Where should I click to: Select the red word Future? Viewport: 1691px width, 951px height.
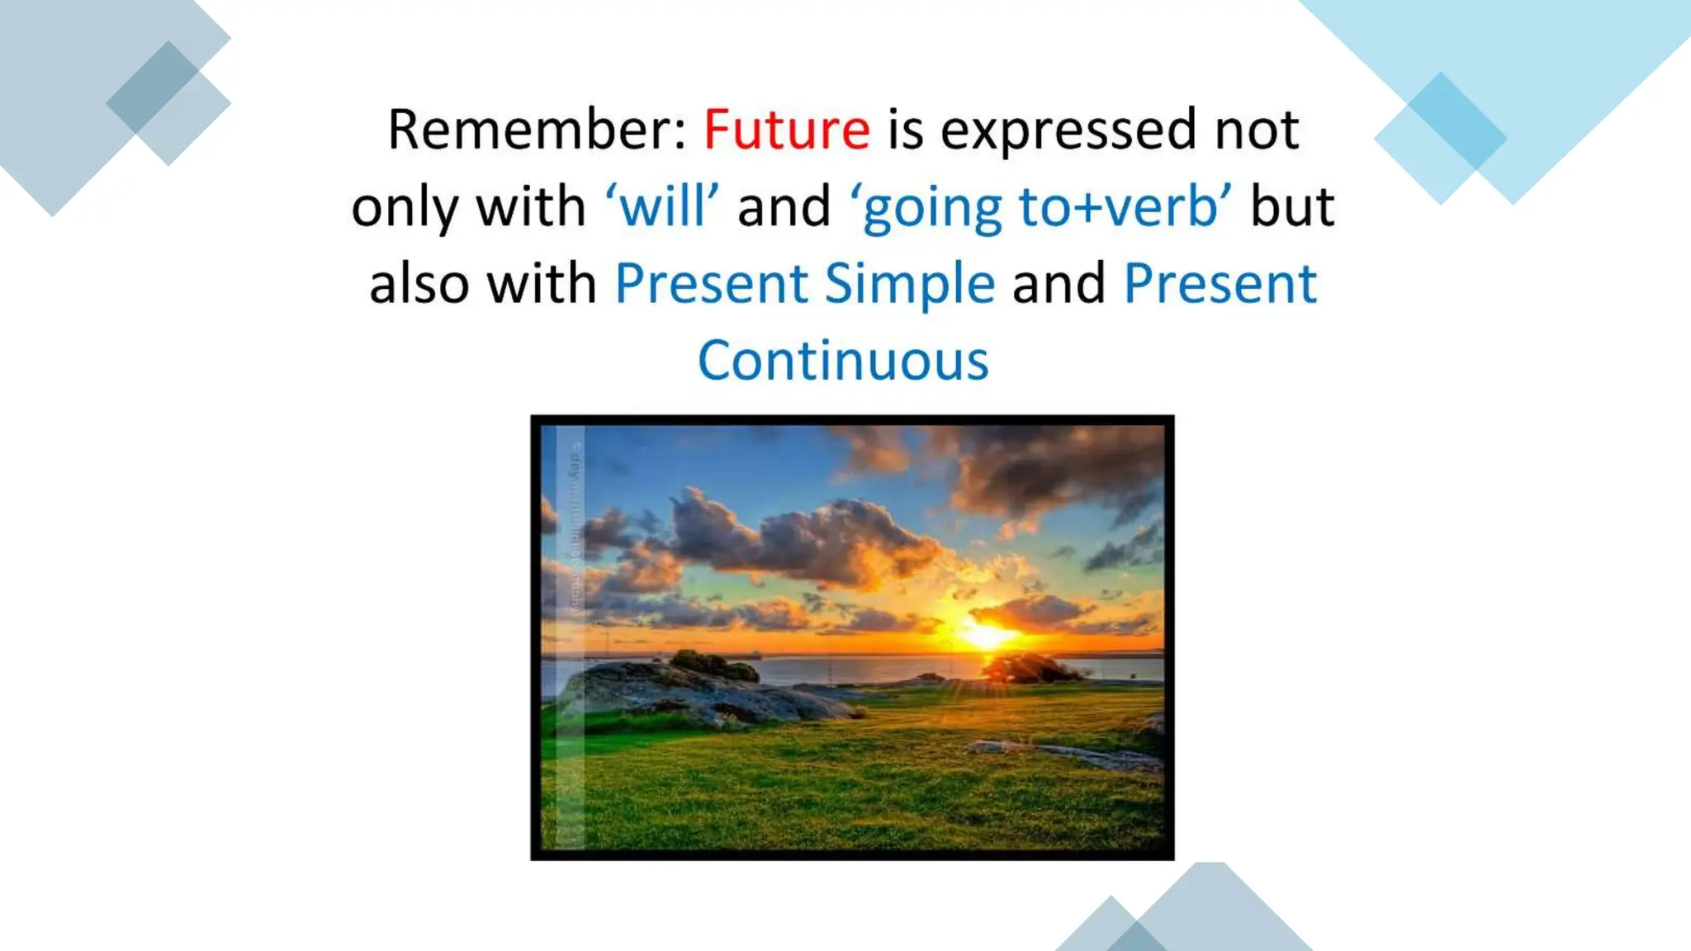(786, 130)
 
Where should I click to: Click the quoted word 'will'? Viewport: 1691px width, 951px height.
(662, 206)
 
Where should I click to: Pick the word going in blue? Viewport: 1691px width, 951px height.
(931, 208)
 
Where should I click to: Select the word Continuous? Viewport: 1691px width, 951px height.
(843, 361)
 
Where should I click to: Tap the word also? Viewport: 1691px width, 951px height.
(419, 283)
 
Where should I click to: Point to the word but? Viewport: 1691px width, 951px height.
(1292, 206)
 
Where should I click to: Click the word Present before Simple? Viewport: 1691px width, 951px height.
(711, 283)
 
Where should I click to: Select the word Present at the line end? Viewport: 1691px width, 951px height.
(1220, 283)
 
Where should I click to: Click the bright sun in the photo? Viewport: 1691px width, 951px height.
(984, 634)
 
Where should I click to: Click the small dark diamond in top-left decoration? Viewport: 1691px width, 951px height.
(154, 88)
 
